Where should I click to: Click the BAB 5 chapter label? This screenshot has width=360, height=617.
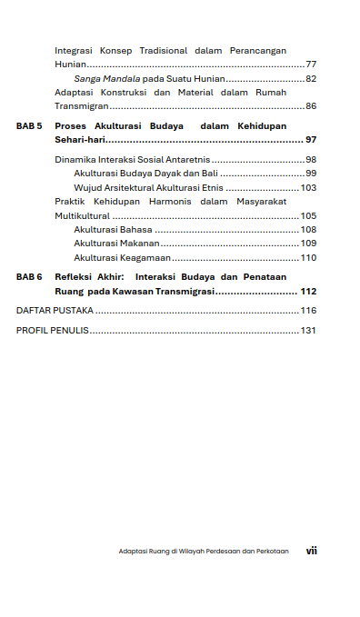pos(29,125)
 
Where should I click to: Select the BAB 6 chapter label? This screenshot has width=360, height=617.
pos(29,276)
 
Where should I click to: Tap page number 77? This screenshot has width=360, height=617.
pos(311,65)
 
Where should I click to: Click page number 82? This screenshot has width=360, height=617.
pos(311,79)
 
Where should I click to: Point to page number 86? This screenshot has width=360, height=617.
pos(311,106)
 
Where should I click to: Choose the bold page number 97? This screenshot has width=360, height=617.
pos(311,140)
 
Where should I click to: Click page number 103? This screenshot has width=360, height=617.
pos(308,187)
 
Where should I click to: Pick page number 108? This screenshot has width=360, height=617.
pos(308,230)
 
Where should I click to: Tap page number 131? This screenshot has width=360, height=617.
pos(308,330)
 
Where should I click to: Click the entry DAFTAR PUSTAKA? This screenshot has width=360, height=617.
pos(55,310)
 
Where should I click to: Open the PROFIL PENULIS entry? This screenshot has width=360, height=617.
pos(52,330)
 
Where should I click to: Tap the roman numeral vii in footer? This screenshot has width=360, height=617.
pos(311,551)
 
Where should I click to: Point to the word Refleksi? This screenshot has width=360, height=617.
pos(73,276)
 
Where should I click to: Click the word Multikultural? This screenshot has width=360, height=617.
pos(82,216)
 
